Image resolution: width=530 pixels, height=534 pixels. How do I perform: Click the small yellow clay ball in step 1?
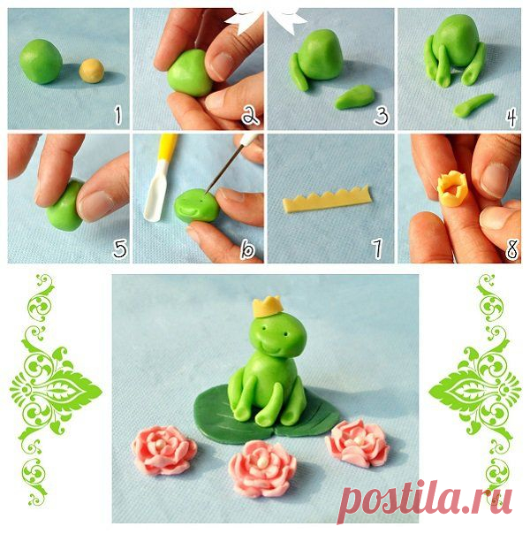tap(92, 71)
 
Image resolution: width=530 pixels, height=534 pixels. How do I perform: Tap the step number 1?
tap(118, 115)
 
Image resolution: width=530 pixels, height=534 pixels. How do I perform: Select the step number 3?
tap(382, 115)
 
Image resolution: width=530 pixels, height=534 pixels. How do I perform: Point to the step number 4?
tap(511, 116)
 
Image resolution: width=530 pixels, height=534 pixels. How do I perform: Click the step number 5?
tap(120, 248)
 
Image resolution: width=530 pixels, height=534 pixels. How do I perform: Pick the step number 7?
tap(377, 248)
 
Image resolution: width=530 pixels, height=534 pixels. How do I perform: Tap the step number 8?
tap(511, 249)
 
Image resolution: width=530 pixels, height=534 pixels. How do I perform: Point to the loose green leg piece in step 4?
tap(473, 105)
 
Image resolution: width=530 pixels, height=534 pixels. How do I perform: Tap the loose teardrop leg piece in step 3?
tap(354, 97)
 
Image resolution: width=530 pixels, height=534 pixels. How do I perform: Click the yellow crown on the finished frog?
tap(268, 306)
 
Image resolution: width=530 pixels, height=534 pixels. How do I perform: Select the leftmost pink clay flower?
tap(164, 449)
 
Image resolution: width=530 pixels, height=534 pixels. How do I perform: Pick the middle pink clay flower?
tap(262, 469)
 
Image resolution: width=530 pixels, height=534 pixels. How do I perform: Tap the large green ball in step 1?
tap(41, 61)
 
